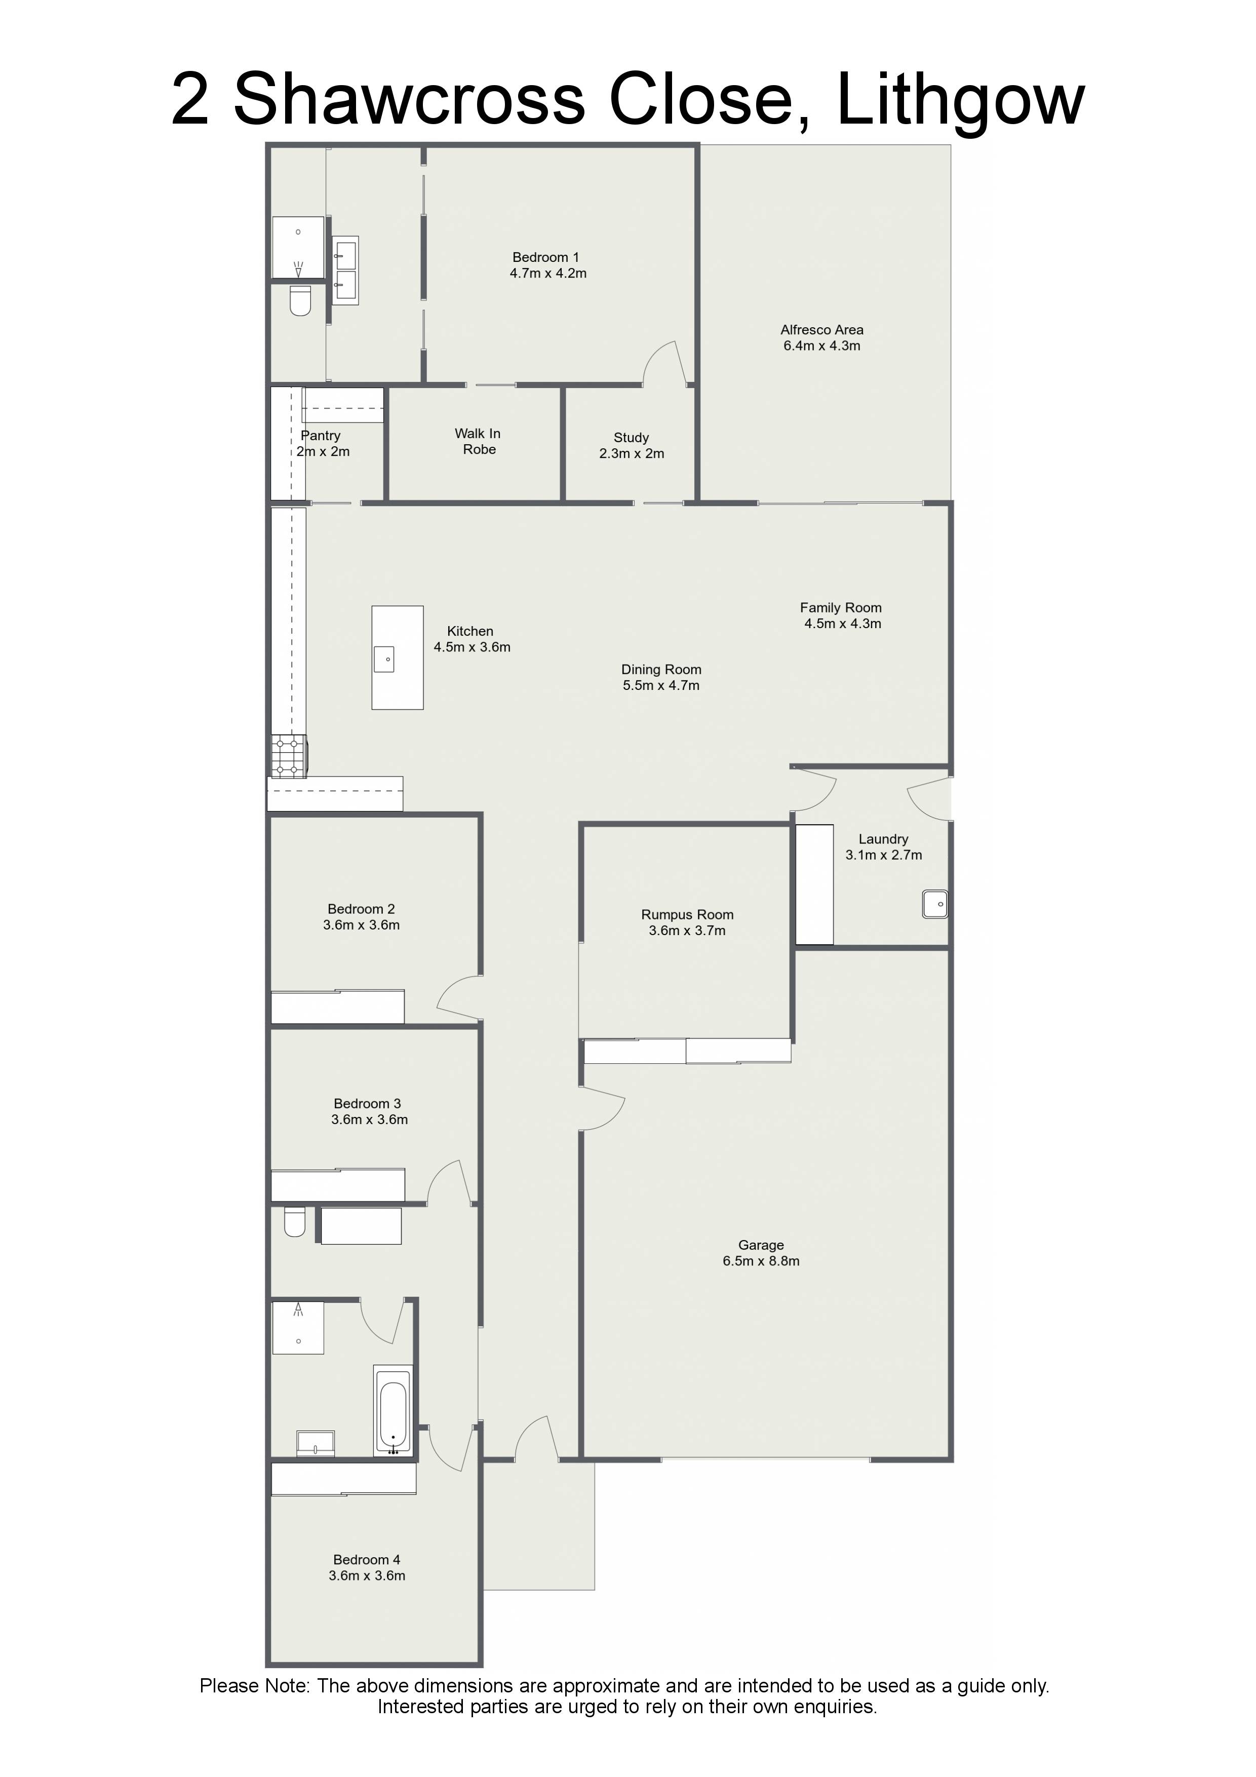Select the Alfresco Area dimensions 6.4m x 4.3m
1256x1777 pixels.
tap(822, 346)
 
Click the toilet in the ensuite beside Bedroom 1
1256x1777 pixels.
tap(300, 300)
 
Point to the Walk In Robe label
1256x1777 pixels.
tap(478, 441)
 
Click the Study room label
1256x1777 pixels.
tap(632, 437)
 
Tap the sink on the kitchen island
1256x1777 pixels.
tap(384, 659)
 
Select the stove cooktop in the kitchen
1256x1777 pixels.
tap(289, 755)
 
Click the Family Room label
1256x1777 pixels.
tap(841, 607)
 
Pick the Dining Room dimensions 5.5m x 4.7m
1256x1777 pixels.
tap(661, 686)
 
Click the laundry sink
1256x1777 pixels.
tap(935, 904)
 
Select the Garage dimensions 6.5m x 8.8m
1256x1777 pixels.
tap(762, 1261)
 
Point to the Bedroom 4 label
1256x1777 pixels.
tap(367, 1560)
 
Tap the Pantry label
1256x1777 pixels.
tap(321, 436)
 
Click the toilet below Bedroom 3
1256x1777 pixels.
tap(295, 1222)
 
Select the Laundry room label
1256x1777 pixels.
tap(883, 839)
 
